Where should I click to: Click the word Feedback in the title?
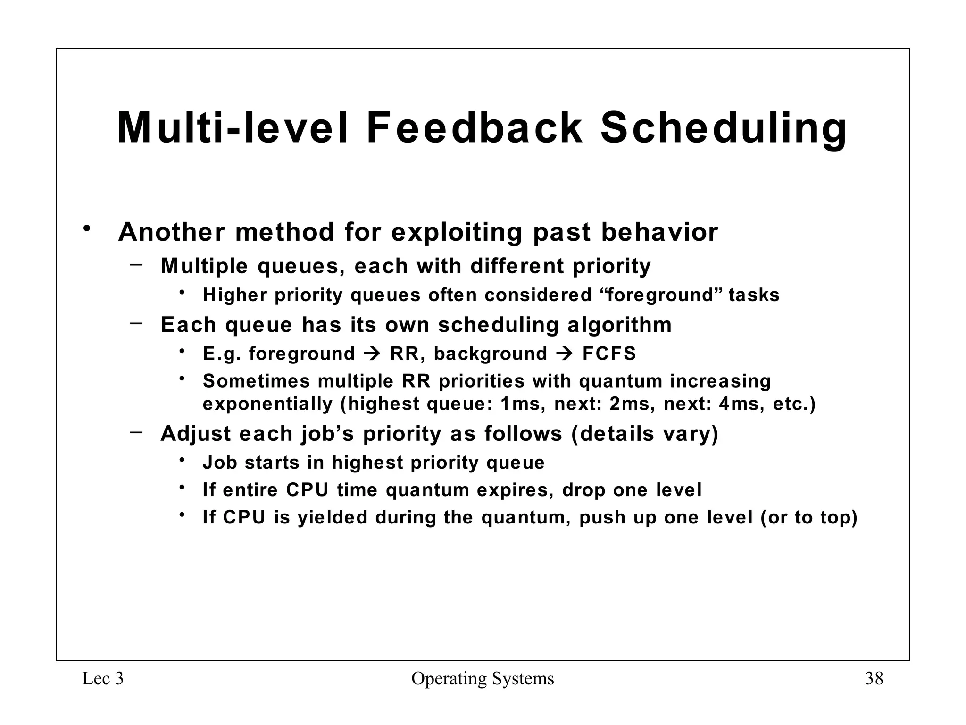474,128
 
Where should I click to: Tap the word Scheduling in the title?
723,128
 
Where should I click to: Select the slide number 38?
874,679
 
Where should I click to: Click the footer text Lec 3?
103,679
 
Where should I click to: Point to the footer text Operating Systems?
483,679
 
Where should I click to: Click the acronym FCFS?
609,354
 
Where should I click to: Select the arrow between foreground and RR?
373,354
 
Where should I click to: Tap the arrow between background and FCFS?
565,354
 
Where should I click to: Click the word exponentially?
267,405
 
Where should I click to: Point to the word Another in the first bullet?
172,232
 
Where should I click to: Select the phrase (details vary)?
644,434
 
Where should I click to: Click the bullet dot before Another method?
86,229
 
